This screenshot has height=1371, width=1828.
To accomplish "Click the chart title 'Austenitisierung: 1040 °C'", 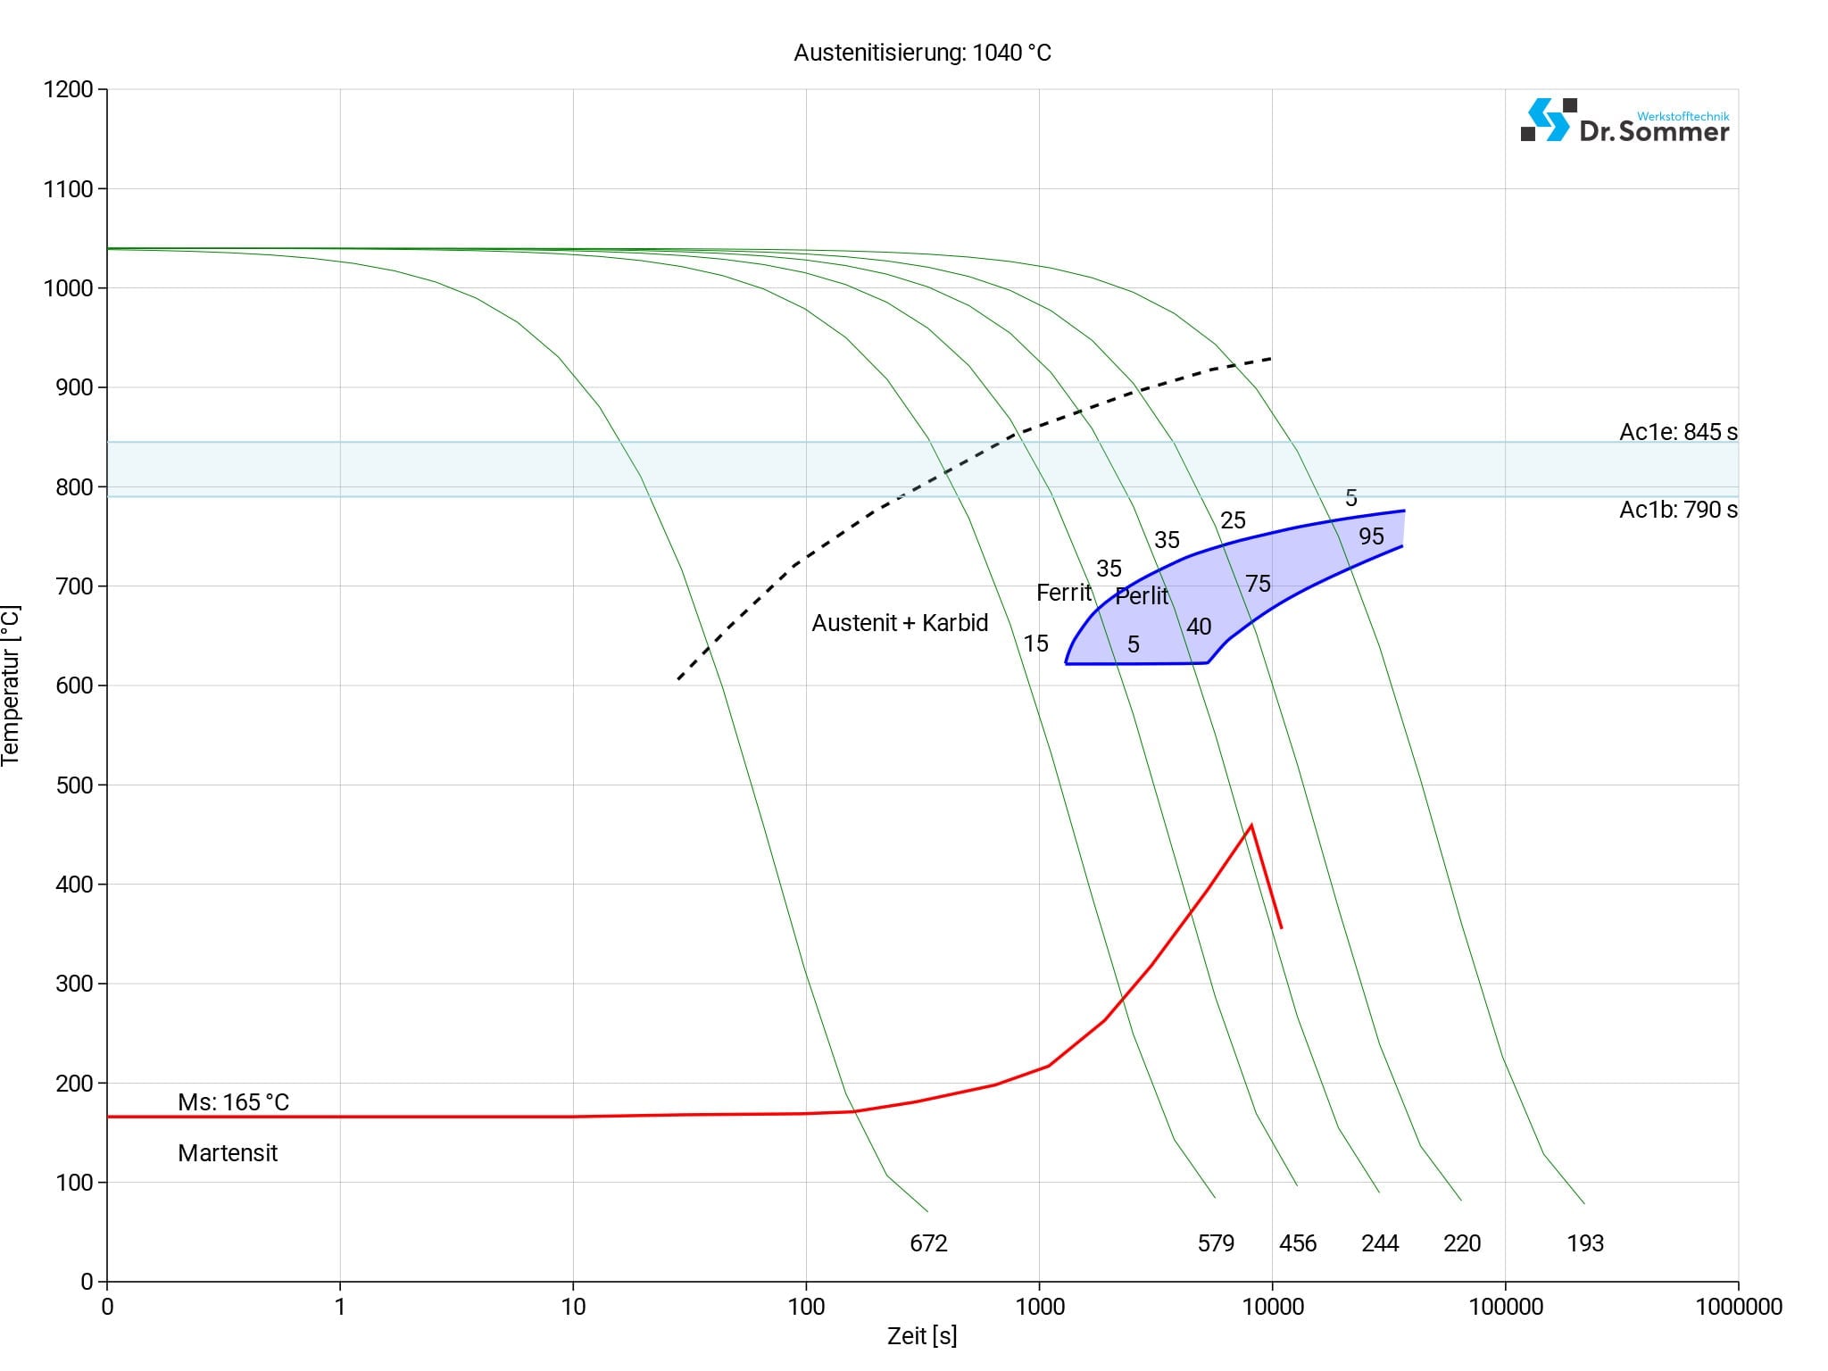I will (x=922, y=54).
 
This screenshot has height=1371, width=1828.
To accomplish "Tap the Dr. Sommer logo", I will (x=1624, y=121).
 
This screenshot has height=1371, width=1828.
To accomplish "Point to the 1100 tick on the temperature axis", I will (x=68, y=189).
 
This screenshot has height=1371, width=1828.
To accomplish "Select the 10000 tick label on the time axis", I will (x=1273, y=1308).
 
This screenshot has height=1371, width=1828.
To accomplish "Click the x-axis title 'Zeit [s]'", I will (x=922, y=1336).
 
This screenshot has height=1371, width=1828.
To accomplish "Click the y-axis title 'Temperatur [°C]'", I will (x=11, y=685).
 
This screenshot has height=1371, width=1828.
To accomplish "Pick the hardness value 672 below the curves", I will (x=928, y=1243).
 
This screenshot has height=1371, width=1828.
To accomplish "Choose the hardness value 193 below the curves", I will (x=1585, y=1243).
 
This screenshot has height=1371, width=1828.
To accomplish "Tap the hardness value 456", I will (x=1298, y=1243).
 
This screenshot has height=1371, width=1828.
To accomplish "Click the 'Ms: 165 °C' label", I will (x=233, y=1102).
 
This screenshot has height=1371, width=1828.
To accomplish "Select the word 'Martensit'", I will (x=228, y=1153).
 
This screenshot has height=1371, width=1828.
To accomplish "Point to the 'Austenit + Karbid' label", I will (x=900, y=623).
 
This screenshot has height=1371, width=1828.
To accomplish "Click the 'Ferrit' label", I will (x=1063, y=593).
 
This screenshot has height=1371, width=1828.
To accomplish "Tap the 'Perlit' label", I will (x=1142, y=596).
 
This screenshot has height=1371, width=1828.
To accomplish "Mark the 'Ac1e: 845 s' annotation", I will (x=1678, y=432).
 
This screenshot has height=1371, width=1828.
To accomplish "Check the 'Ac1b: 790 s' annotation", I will (x=1678, y=510).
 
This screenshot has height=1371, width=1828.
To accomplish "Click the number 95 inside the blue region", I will (x=1371, y=536).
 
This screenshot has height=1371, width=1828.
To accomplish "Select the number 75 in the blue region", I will (x=1258, y=584).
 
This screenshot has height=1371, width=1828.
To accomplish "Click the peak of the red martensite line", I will (x=1251, y=825).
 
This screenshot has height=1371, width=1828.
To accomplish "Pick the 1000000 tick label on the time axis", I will (x=1739, y=1308).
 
